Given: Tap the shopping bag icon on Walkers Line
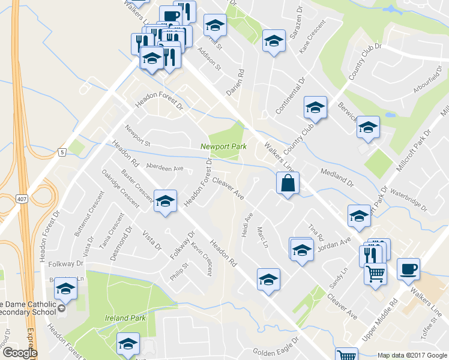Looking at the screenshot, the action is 288,183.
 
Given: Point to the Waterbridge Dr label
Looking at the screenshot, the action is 408,200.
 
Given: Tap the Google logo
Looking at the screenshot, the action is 20,353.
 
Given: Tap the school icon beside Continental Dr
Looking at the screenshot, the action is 315,107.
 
